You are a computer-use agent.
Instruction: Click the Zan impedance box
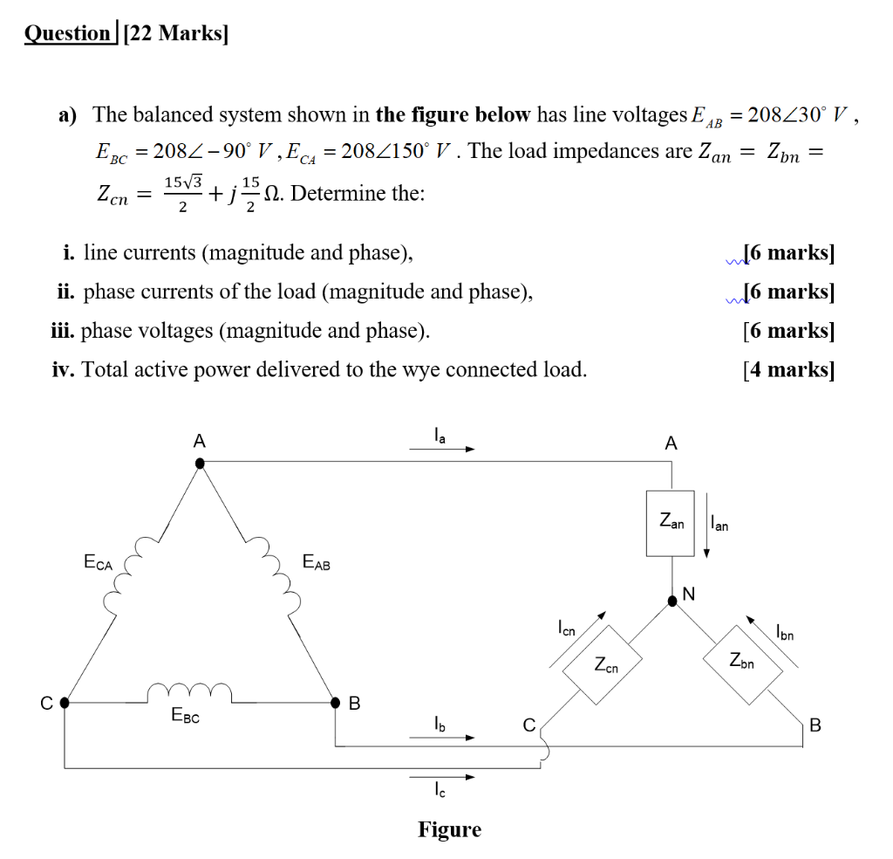[670, 523]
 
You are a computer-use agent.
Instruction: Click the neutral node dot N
[672, 601]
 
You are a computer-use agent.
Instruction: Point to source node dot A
[200, 464]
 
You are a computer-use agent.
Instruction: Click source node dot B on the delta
[336, 702]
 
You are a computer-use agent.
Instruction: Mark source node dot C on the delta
[64, 702]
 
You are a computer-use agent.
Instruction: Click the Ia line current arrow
[441, 450]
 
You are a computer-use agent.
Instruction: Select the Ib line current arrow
[441, 738]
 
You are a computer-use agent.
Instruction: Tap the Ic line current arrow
[441, 777]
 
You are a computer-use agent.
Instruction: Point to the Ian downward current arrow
[706, 538]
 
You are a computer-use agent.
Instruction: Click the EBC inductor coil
[189, 692]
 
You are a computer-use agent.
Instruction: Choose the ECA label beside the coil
[98, 564]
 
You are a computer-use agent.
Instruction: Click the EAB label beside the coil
[316, 563]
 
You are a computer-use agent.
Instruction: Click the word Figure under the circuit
[449, 829]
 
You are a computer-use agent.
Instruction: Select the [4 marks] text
[788, 370]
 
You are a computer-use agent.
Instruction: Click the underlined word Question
[68, 34]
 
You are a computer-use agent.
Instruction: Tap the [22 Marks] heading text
[177, 34]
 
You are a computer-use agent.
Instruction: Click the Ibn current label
[784, 632]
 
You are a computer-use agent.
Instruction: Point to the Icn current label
[567, 628]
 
